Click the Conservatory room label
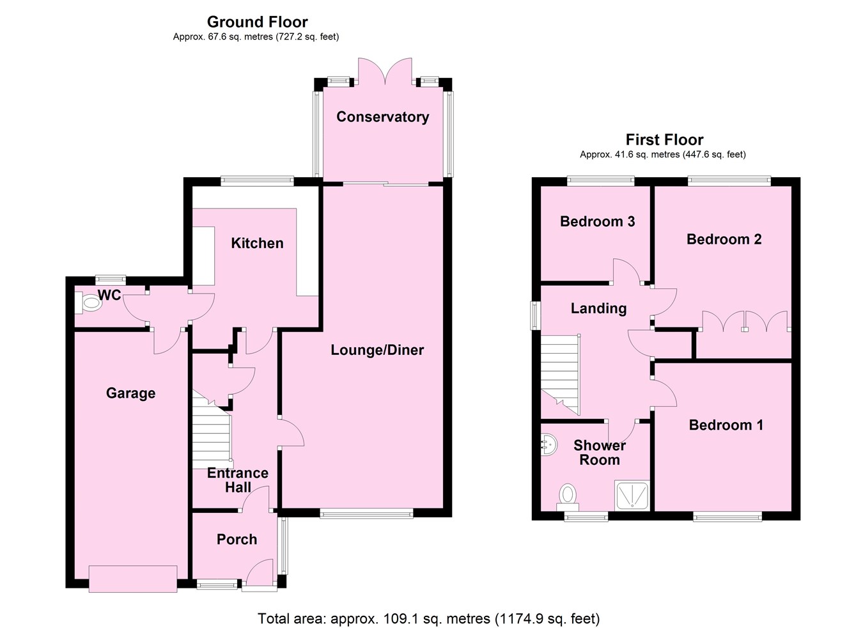(382, 116)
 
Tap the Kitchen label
(257, 243)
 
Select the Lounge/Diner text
(377, 350)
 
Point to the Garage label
(130, 393)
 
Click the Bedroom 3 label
(597, 221)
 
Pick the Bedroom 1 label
(726, 425)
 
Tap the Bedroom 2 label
(724, 239)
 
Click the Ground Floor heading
(257, 22)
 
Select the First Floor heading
(664, 139)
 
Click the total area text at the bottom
(428, 618)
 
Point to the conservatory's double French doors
(384, 72)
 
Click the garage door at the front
(133, 579)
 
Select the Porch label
(237, 539)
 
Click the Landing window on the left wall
(534, 316)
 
